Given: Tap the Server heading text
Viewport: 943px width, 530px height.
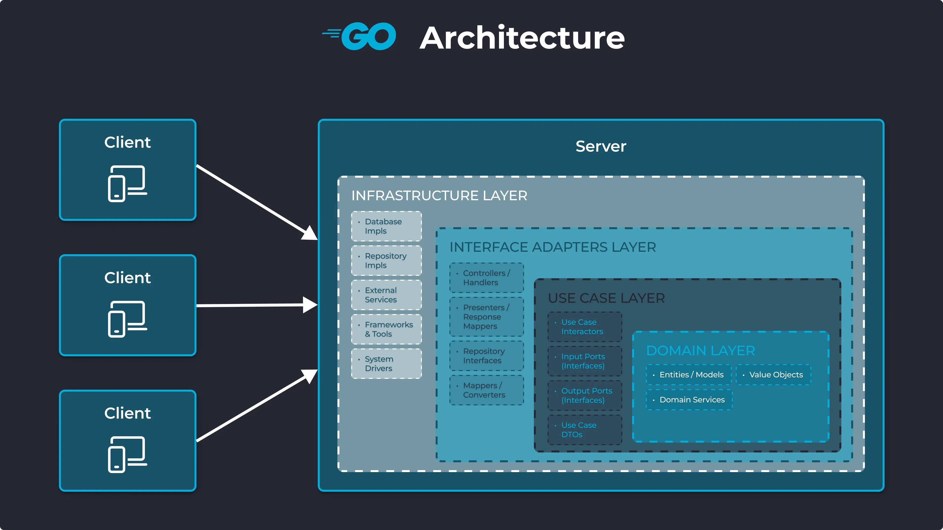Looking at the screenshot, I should [x=601, y=146].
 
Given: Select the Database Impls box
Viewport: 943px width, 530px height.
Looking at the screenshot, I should [x=386, y=226].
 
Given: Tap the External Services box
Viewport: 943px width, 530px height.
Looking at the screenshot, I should [x=386, y=295].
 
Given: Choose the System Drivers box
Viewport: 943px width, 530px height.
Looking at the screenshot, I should [x=386, y=364].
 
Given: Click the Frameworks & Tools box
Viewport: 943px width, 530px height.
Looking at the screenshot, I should [x=386, y=329].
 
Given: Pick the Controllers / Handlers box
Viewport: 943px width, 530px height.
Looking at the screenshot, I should [x=486, y=278].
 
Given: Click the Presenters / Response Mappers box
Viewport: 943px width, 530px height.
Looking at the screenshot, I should [x=486, y=317].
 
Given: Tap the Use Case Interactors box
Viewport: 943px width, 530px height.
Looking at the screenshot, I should [x=585, y=327].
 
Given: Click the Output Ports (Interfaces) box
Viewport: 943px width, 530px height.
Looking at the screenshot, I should [x=585, y=395].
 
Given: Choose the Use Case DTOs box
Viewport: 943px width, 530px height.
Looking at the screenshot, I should [x=585, y=430].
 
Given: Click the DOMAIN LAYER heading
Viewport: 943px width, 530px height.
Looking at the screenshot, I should [x=700, y=350].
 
